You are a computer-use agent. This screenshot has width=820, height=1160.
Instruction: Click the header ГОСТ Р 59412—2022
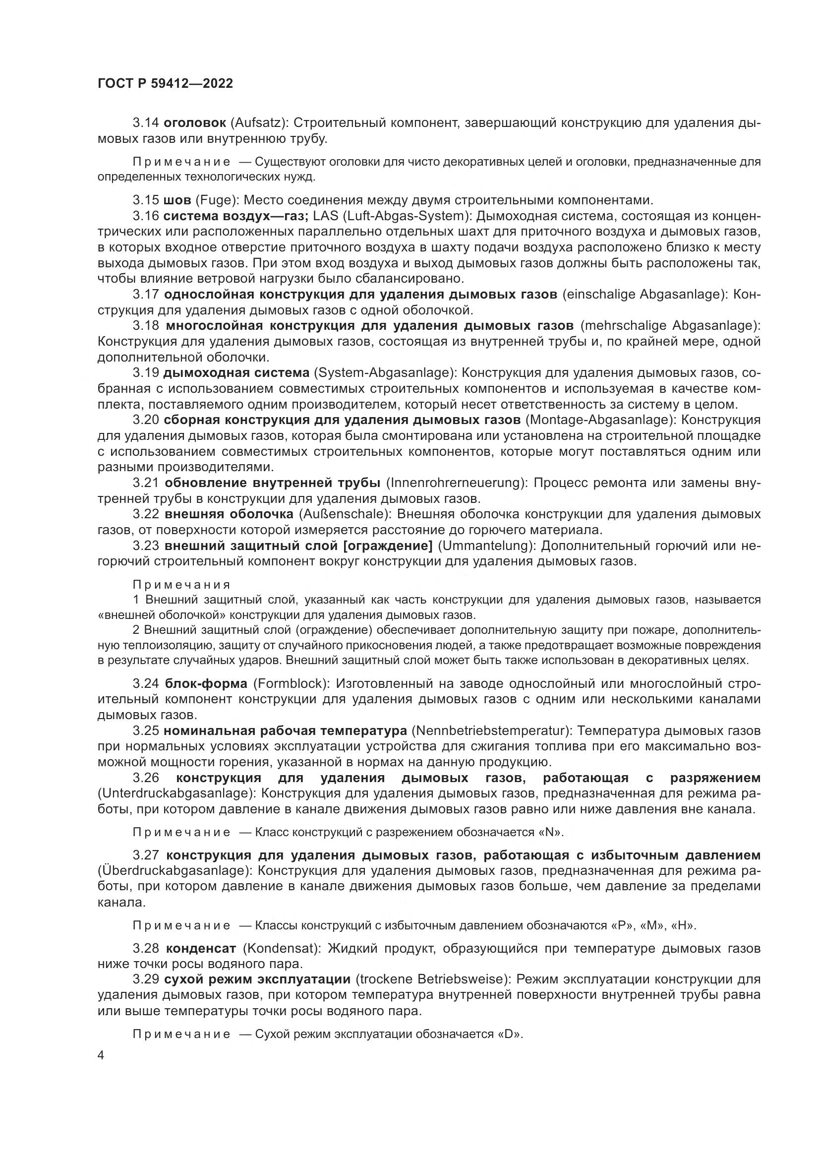(x=165, y=84)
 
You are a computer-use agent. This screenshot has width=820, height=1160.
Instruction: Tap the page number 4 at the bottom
(x=101, y=1056)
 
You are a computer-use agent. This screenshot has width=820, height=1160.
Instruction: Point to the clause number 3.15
(x=145, y=200)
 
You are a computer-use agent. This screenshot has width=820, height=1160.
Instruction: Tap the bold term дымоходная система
(x=236, y=373)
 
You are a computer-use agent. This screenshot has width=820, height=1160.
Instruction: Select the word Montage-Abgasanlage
(x=597, y=420)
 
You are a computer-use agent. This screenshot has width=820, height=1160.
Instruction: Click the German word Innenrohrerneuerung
(x=456, y=483)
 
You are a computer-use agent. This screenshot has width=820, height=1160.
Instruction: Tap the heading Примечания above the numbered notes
(x=181, y=585)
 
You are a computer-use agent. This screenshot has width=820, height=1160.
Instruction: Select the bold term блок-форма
(x=206, y=683)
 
